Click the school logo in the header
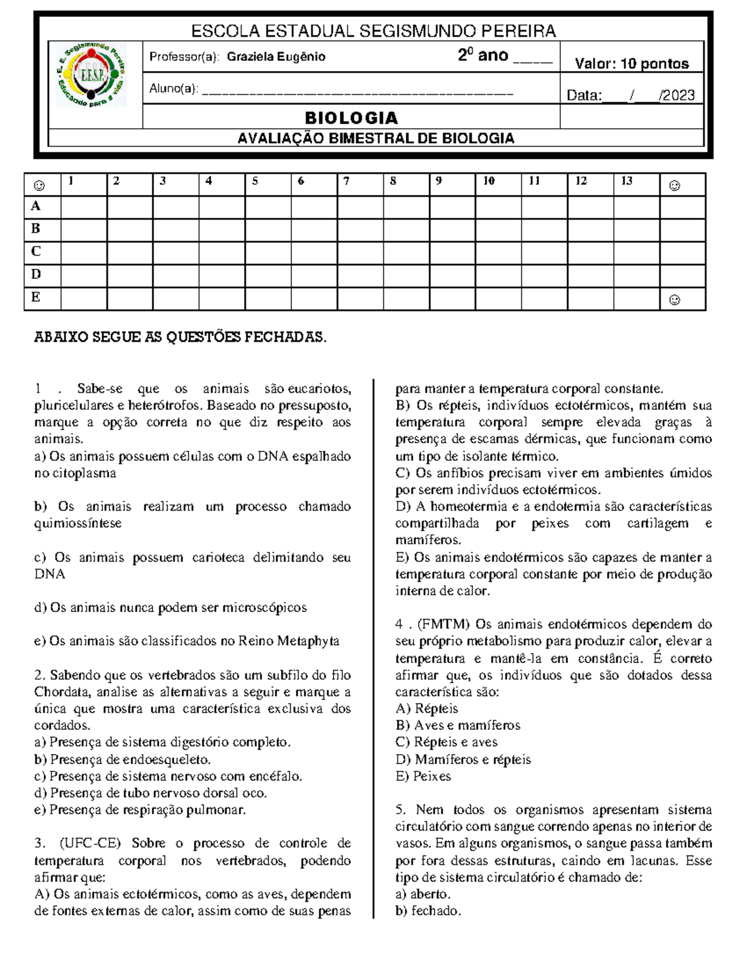tap(91, 75)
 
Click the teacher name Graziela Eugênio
tap(276, 57)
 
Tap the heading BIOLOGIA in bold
tap(351, 118)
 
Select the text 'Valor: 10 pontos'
tap(631, 64)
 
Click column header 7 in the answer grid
tap(347, 181)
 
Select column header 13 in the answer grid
tap(626, 181)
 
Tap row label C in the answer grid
tap(36, 252)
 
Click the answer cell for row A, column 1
tap(83, 207)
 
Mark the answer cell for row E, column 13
tap(636, 299)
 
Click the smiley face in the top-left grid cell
tap(39, 185)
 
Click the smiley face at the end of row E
tap(674, 300)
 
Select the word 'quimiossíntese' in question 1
tap(78, 524)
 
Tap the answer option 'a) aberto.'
tap(423, 894)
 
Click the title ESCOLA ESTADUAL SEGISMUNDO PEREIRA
tap(373, 31)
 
